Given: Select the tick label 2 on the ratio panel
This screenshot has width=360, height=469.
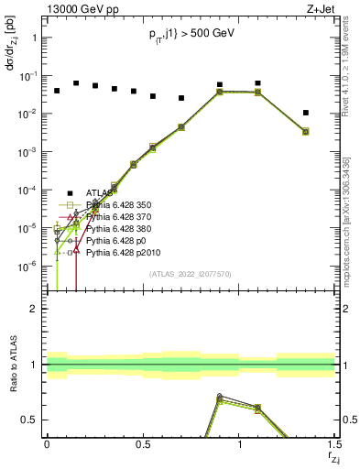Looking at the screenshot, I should tap(33, 309).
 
